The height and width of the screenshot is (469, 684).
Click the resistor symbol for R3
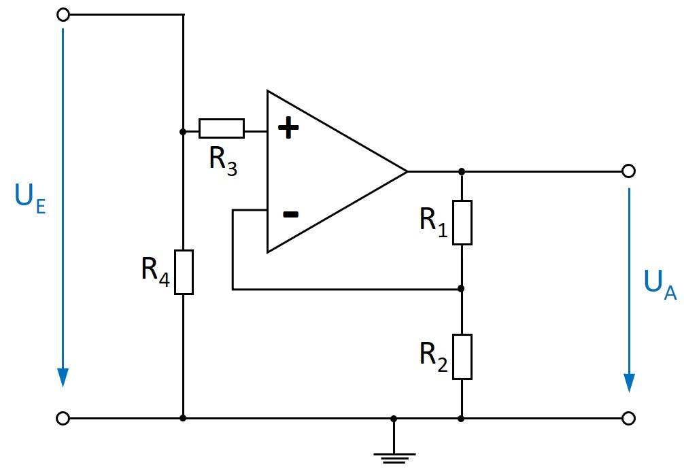[x=221, y=128]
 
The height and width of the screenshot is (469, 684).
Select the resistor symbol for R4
[x=184, y=272]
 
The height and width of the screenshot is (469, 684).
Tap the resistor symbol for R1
[x=462, y=222]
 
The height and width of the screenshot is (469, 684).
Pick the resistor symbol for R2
[x=462, y=357]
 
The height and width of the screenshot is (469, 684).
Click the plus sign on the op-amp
[x=290, y=128]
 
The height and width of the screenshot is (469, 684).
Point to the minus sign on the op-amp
[x=290, y=215]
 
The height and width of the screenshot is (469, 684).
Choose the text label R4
[x=155, y=270]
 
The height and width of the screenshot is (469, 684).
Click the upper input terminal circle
[x=63, y=14]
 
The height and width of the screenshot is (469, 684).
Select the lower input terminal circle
[x=63, y=419]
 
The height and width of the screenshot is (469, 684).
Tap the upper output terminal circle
[x=629, y=171]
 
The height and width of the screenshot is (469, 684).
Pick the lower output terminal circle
[x=629, y=419]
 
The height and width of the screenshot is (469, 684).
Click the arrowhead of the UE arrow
[x=63, y=377]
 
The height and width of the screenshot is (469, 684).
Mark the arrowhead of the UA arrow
[x=629, y=383]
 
